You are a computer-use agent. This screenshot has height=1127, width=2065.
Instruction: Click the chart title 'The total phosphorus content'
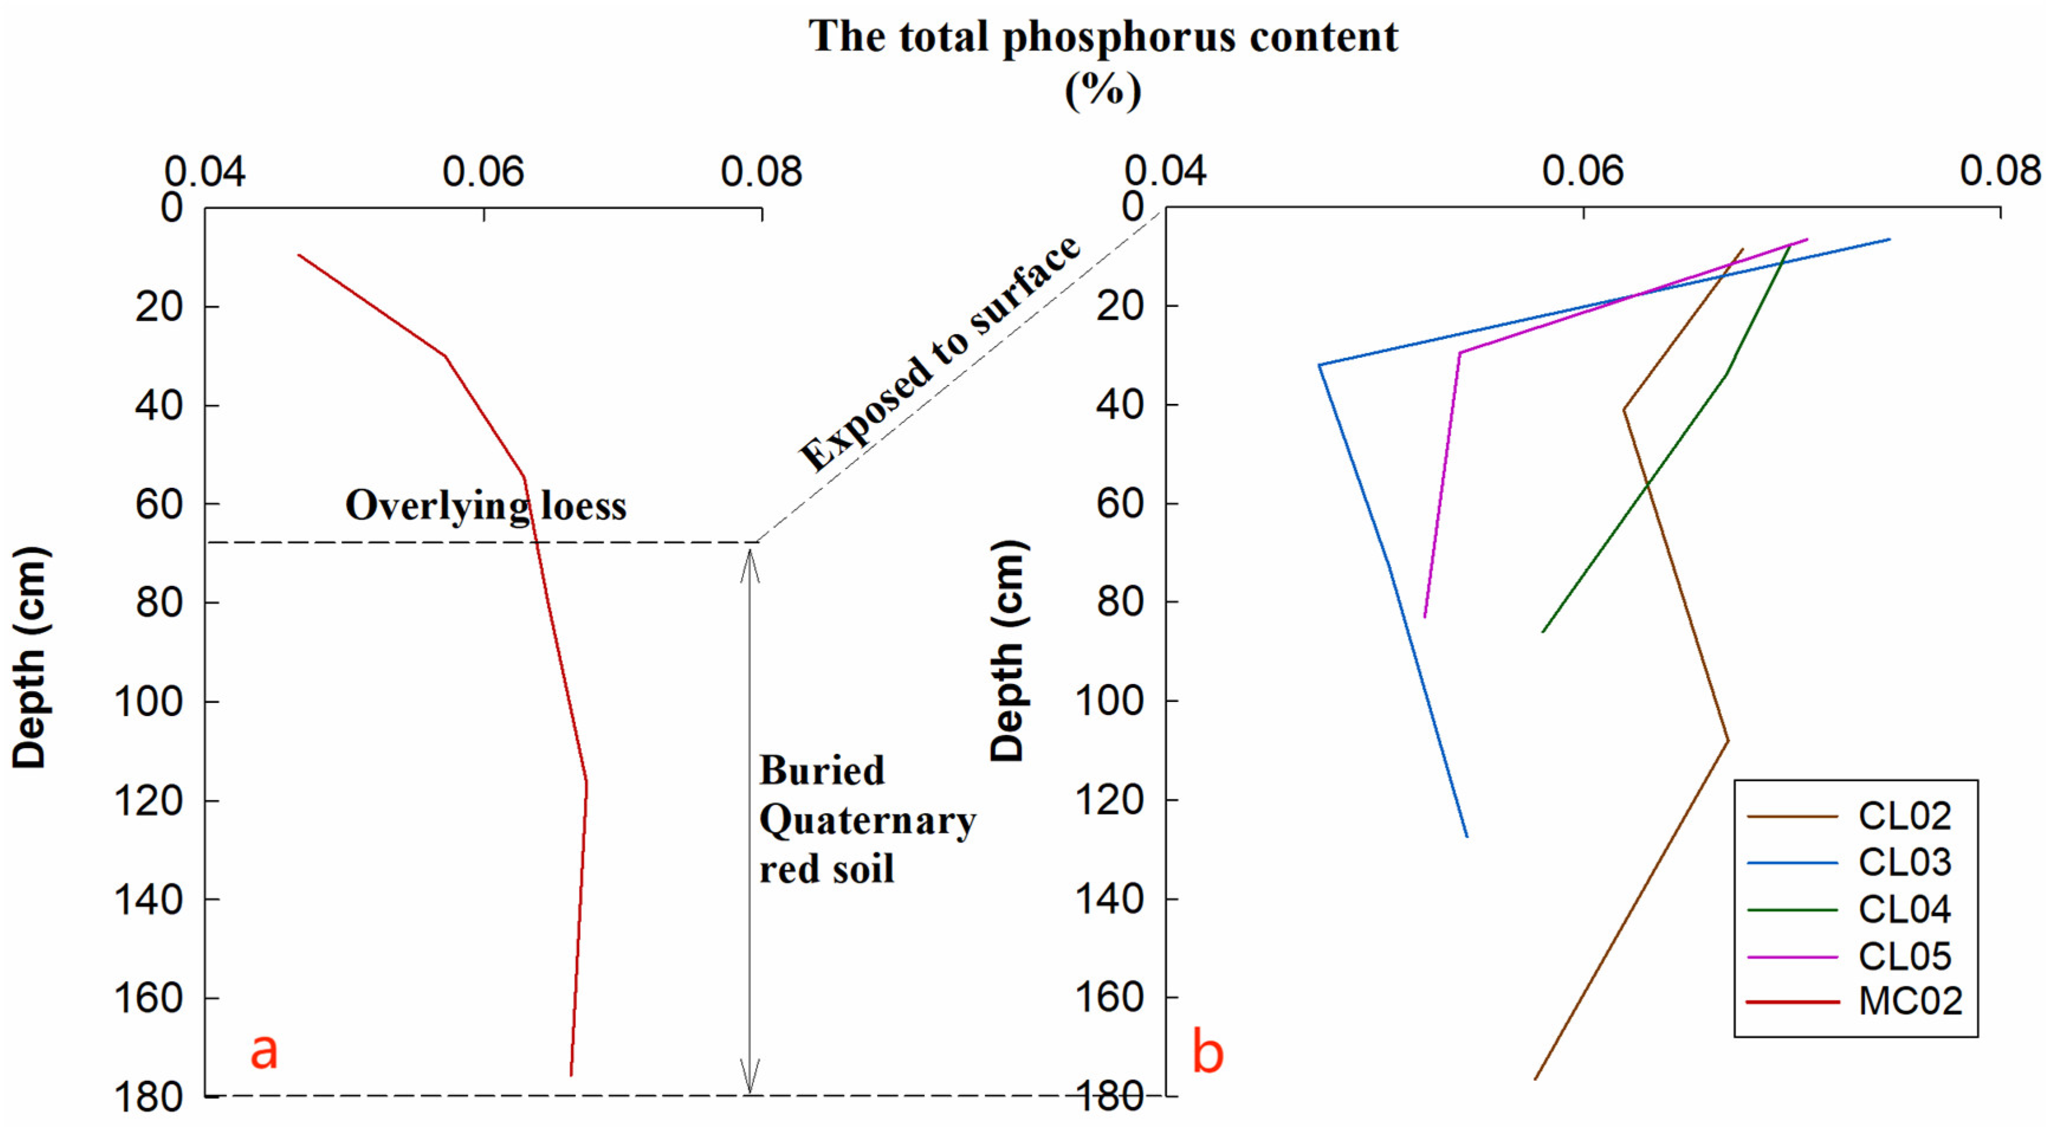(1103, 37)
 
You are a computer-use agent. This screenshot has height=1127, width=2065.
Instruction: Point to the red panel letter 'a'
(264, 1050)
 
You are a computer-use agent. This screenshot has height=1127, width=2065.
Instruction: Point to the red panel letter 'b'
(1208, 1052)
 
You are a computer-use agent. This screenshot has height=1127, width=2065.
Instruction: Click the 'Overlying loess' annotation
(485, 506)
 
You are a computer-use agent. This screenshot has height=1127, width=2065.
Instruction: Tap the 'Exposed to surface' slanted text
(940, 354)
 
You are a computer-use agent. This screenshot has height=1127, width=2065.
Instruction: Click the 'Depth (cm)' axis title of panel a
(31, 658)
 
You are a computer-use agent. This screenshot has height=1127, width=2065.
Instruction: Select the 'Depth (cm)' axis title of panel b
(1008, 651)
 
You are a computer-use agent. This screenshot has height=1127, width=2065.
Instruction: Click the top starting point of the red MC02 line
(299, 255)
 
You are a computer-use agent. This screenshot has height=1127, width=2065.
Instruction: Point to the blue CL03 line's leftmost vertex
(1319, 365)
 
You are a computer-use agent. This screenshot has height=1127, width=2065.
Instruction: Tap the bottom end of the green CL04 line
(1542, 631)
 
